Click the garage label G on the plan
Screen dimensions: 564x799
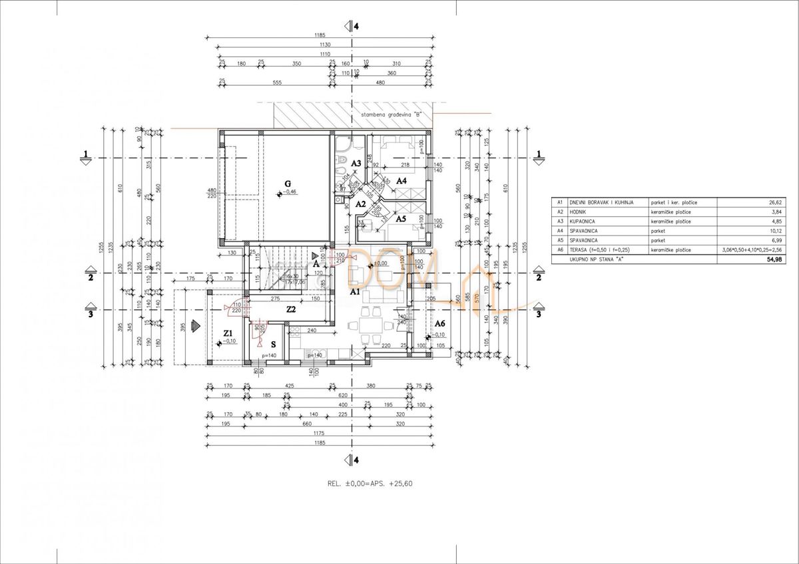coord(288,183)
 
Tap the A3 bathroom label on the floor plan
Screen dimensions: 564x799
coord(356,163)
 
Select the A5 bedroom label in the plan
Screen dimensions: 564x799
coord(401,218)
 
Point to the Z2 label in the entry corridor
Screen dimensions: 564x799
coord(291,310)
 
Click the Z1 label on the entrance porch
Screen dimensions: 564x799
coord(228,333)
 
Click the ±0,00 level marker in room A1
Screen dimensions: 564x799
coord(380,263)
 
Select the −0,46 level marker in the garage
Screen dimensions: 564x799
coord(289,192)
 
